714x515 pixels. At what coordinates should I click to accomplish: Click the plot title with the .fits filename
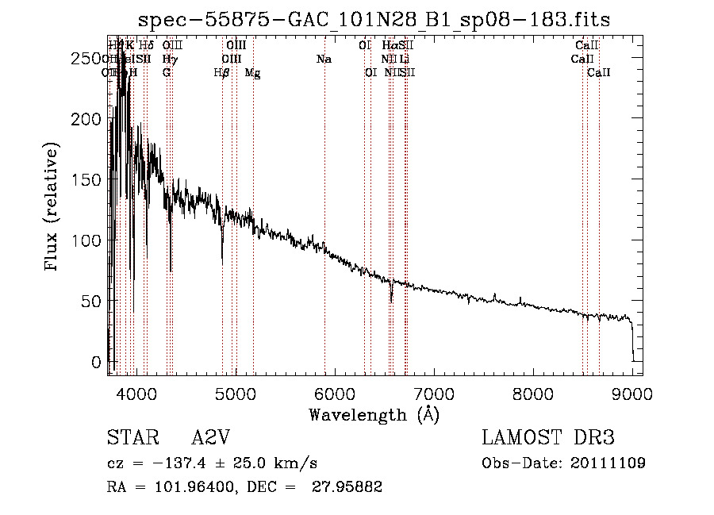click(x=374, y=19)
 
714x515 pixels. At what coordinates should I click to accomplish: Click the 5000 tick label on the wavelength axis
click(x=235, y=394)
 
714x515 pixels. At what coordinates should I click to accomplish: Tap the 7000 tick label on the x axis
click(x=433, y=394)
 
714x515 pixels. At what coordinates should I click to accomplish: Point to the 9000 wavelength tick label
click(x=631, y=394)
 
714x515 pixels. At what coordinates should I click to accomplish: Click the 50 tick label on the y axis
click(x=92, y=301)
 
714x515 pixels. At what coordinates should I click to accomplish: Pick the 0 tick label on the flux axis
click(x=97, y=362)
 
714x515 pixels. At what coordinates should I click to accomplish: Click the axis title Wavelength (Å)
click(x=374, y=414)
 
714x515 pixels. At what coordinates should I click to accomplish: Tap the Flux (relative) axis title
click(x=53, y=209)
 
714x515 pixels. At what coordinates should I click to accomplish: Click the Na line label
click(x=324, y=60)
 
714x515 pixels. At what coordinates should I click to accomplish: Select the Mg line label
click(x=252, y=73)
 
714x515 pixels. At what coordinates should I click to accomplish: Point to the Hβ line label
click(x=222, y=73)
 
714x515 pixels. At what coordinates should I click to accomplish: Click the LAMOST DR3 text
click(x=547, y=438)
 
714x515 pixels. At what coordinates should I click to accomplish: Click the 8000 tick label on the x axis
click(x=532, y=394)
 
